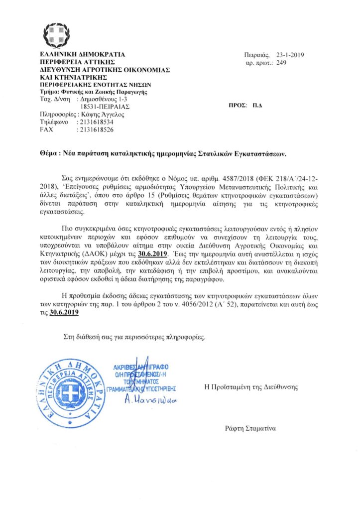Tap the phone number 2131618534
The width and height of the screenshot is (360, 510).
click(95, 122)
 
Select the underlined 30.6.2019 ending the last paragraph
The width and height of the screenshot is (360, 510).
click(64, 314)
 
